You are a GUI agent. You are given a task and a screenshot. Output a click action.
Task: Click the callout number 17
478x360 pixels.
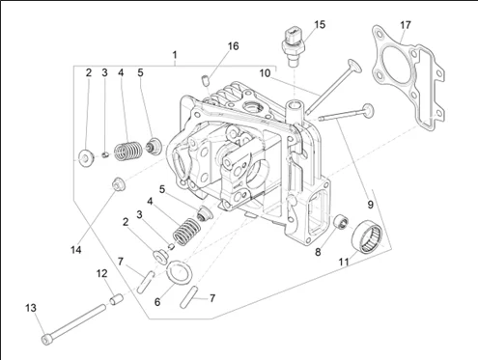click(406, 25)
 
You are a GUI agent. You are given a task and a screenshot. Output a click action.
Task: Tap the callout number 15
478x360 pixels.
click(320, 25)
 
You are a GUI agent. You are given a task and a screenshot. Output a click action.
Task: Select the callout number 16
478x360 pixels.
click(234, 46)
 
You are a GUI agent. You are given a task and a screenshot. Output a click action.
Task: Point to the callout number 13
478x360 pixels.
click(31, 308)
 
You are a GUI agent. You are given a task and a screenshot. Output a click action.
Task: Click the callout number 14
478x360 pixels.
click(76, 250)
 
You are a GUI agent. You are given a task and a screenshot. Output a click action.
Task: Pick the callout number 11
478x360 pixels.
click(344, 262)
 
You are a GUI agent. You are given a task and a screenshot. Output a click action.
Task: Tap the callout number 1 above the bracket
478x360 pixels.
click(175, 55)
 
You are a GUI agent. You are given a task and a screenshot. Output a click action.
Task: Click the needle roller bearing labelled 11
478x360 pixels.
click(367, 235)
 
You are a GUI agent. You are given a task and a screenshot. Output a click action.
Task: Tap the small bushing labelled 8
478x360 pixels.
click(341, 222)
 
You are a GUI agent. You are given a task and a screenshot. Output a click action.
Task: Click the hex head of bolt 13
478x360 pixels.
click(46, 340)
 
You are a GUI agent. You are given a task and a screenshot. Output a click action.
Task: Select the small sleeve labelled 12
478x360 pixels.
click(116, 299)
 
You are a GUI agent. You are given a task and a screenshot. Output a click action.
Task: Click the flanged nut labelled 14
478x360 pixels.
click(118, 184)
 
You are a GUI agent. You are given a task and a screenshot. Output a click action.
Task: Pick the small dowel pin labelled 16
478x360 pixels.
click(206, 80)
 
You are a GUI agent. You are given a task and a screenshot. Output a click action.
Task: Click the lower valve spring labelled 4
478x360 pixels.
click(187, 232)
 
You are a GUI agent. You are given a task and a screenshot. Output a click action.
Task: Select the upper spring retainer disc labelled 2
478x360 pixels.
click(86, 159)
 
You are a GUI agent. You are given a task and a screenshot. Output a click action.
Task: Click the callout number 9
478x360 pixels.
click(370, 204)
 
